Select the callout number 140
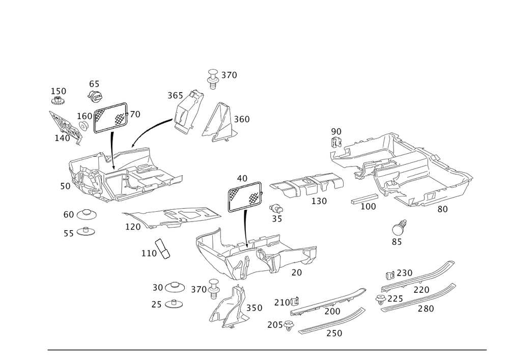pos(62,137)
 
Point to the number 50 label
pos(65,186)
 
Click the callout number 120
pos(132,226)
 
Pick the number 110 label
pos(149,253)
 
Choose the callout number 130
pos(319,201)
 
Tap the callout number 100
pos(367,207)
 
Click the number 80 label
pos(442,208)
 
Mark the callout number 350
pos(253,308)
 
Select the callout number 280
pos(426,309)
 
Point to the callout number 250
pos(404,273)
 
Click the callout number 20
pos(297,272)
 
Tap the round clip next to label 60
pos(86,214)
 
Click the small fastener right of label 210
pos(295,301)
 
